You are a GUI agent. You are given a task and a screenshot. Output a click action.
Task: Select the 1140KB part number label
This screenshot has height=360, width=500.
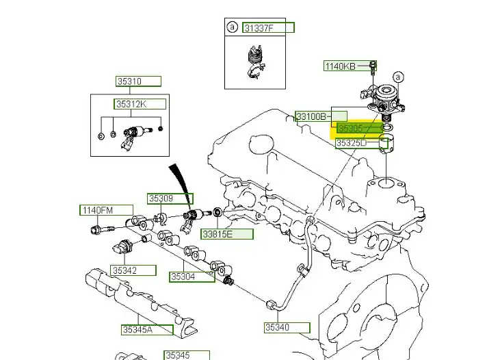(340, 66)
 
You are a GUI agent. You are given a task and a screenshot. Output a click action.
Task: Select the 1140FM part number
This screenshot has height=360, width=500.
(98, 210)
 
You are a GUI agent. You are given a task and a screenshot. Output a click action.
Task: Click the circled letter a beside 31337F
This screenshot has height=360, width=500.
(232, 27)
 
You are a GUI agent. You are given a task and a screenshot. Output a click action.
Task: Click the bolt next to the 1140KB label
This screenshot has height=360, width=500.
(372, 66)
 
